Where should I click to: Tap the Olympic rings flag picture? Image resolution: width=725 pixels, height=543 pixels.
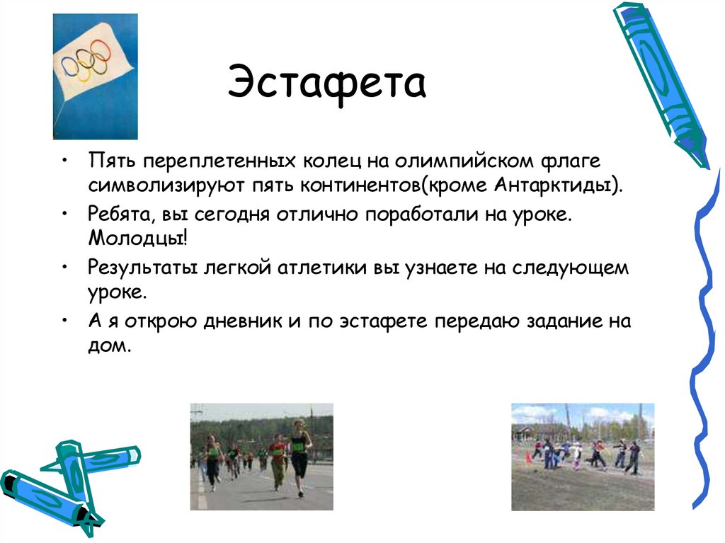point(95,76)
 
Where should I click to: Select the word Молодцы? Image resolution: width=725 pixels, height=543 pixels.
point(139,238)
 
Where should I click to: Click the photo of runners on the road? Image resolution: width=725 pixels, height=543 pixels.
point(261,457)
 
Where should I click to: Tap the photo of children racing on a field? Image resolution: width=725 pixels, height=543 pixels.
point(582,457)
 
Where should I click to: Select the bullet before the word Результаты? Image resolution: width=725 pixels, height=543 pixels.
point(64,268)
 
